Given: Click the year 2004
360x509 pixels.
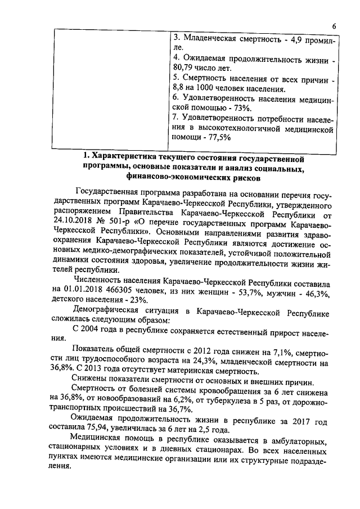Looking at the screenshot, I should [96, 328].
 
